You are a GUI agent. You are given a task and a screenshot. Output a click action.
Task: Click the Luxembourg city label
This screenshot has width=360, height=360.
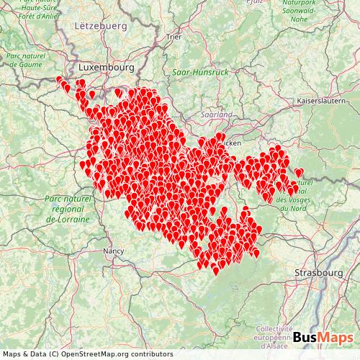tap(107, 67)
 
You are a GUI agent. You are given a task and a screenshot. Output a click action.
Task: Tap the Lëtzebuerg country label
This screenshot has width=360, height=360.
tap(100, 25)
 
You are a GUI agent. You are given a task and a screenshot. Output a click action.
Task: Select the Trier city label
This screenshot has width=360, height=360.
tap(174, 36)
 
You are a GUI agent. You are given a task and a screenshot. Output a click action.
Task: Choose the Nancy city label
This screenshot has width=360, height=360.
tap(114, 251)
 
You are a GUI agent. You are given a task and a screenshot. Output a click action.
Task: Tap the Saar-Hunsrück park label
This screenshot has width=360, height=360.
tap(200, 72)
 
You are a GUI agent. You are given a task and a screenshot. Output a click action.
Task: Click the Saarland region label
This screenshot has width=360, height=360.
tap(217, 114)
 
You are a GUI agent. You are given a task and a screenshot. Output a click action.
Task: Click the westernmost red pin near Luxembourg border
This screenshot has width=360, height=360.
tap(60, 81)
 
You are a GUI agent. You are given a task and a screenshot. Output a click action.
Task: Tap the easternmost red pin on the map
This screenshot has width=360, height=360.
tap(299, 173)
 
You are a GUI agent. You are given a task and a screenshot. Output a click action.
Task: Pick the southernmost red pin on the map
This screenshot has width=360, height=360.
tap(215, 271)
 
